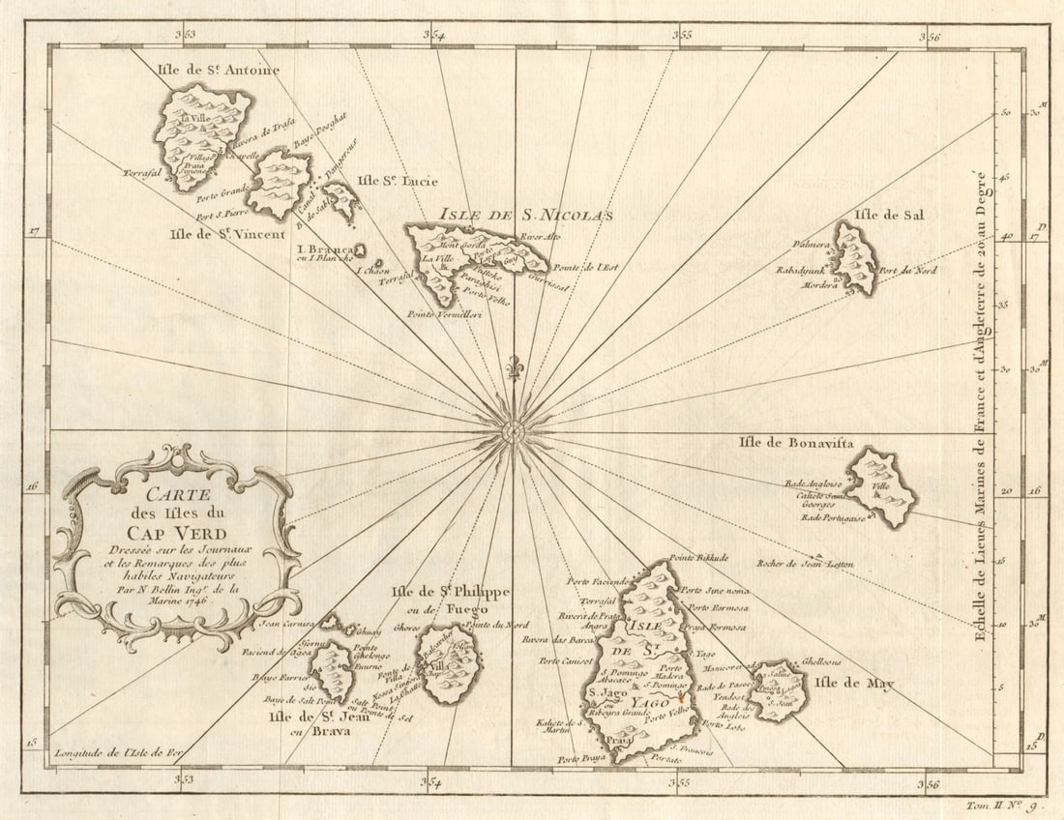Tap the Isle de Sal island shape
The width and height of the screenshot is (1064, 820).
pyautogui.click(x=855, y=259)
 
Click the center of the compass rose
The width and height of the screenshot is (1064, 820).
pyautogui.click(x=515, y=429)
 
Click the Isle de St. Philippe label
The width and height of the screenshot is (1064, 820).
pyautogui.click(x=449, y=592)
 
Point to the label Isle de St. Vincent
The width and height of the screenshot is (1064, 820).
pyautogui.click(x=227, y=233)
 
